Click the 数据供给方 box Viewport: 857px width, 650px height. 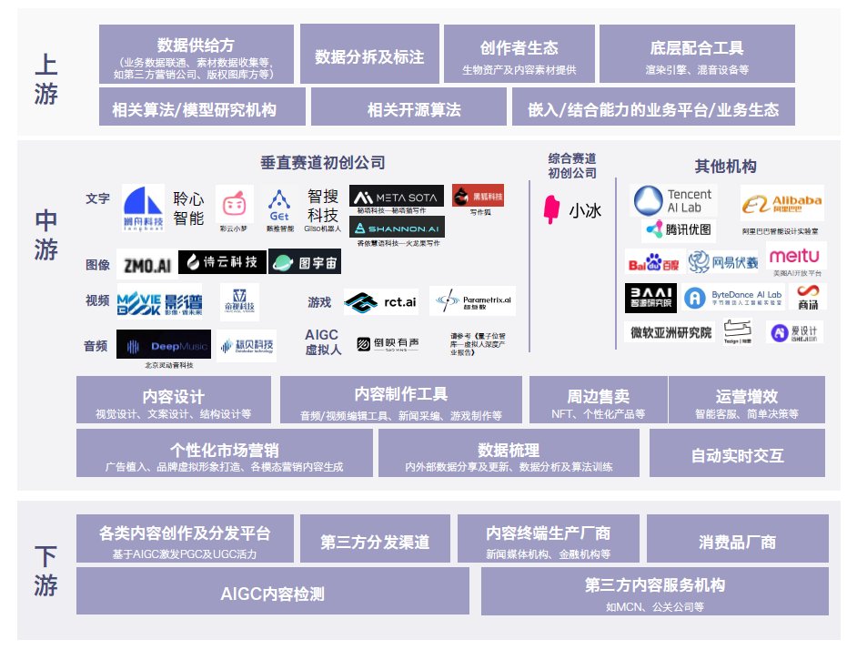(196, 55)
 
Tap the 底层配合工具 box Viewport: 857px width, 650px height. (697, 55)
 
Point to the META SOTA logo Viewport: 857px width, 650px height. (397, 197)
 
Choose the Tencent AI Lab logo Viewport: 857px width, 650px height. (673, 200)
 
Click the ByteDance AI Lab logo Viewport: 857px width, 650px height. (733, 297)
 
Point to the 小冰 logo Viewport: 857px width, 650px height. (572, 209)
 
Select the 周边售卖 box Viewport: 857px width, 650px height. (598, 401)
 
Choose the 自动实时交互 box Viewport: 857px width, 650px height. (737, 453)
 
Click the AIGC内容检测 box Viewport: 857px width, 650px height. (272, 592)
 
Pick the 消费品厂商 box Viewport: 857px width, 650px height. (737, 540)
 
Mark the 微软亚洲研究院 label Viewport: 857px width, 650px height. (671, 332)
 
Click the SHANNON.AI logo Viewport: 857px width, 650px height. (397, 228)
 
